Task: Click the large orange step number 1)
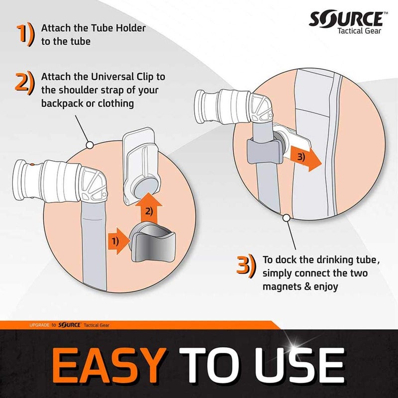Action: click(25, 34)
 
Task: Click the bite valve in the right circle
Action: click(234, 106)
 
